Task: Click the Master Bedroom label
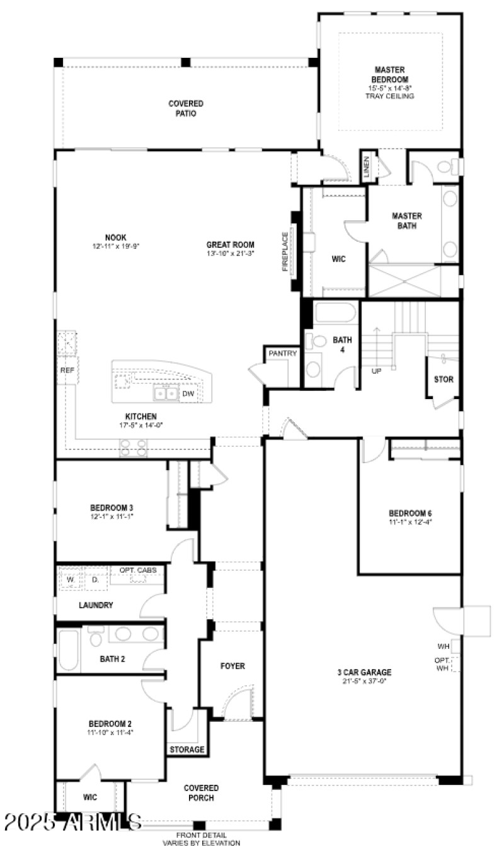390,74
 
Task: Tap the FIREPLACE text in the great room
285,252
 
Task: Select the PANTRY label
282,354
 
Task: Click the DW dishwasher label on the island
188,394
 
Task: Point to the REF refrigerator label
67,371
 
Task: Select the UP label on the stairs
377,371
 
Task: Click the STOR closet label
444,380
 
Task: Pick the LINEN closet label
367,166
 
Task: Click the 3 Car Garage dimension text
364,680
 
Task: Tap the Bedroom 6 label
410,512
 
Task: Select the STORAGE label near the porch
187,750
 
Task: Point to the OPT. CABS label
138,570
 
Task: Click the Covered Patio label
186,108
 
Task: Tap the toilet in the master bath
445,167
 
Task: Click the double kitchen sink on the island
166,394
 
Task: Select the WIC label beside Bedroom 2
90,797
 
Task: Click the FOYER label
232,666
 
